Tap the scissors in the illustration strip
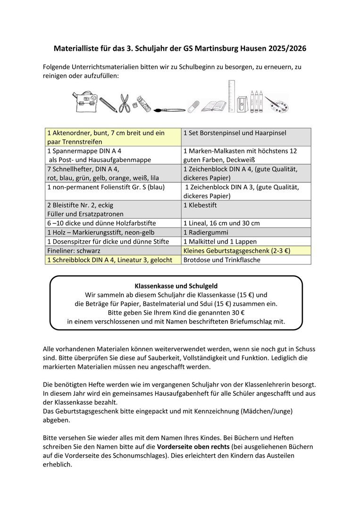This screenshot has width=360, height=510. (124, 103)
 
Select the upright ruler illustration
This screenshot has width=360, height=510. (232, 96)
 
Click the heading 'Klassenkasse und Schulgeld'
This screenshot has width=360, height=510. (176, 286)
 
